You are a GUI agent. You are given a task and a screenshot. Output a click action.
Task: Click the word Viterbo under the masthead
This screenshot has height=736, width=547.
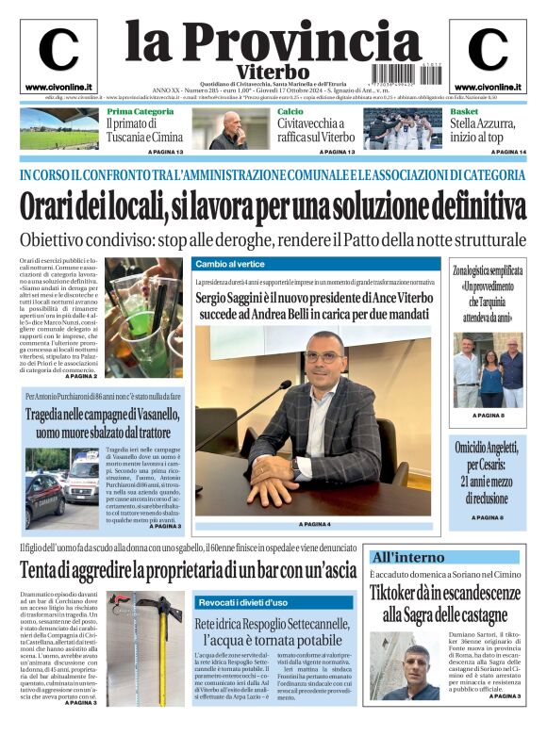coord(273,72)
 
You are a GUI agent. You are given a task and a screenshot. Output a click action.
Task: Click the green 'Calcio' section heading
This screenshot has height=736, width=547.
coord(290,112)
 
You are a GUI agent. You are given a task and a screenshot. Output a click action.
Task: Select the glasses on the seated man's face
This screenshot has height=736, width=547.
coord(323,358)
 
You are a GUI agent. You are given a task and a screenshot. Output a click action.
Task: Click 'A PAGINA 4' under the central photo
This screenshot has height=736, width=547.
coord(315,524)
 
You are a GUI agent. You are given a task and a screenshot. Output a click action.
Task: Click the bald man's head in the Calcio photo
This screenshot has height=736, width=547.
coord(232,122)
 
